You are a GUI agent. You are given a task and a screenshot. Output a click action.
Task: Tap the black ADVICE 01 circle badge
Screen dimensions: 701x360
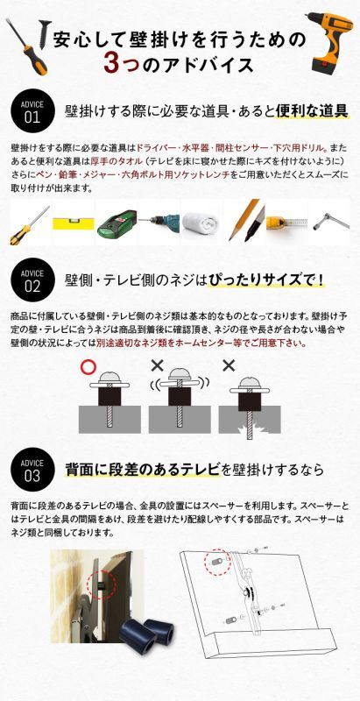32,111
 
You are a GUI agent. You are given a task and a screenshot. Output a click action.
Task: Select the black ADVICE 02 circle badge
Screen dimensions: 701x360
32,280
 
